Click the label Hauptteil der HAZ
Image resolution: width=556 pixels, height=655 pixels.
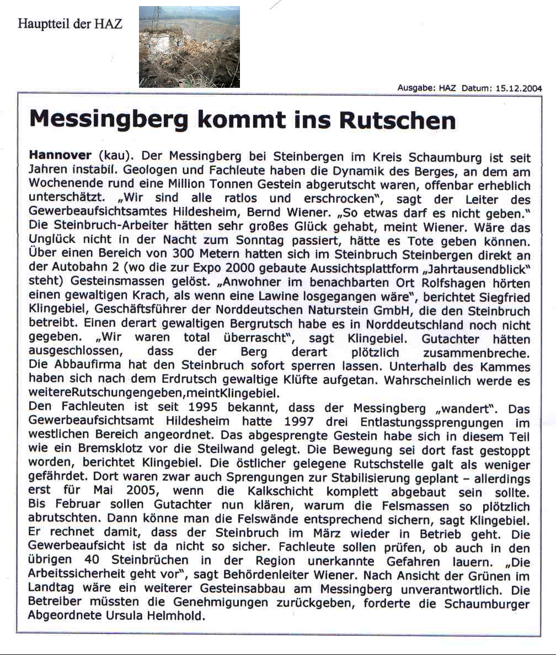pos(70,24)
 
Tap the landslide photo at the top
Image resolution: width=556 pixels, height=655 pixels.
pos(189,47)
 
